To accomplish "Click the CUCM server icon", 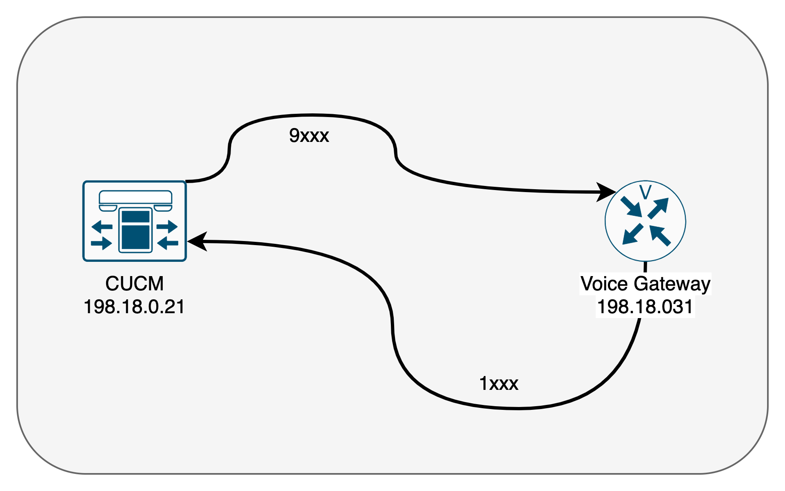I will click(x=135, y=221).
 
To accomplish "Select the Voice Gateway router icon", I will click(x=645, y=221).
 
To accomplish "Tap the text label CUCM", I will click(x=134, y=283).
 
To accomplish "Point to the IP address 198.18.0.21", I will click(x=134, y=307).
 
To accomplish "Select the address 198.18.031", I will click(x=645, y=307).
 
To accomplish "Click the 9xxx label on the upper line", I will click(x=309, y=135).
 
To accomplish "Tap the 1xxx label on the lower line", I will click(x=499, y=384).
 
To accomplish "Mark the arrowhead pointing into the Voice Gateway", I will click(x=606, y=192).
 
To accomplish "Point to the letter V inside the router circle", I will click(x=645, y=192).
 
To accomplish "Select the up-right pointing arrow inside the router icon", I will click(x=658, y=208).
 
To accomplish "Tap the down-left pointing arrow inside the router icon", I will click(x=632, y=234).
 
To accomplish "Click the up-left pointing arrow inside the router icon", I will click(x=659, y=235).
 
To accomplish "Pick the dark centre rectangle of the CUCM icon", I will click(x=135, y=230).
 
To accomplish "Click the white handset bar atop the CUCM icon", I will click(x=135, y=197).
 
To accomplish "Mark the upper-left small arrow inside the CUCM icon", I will click(x=102, y=226).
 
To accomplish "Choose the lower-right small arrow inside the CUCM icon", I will click(x=168, y=243).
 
